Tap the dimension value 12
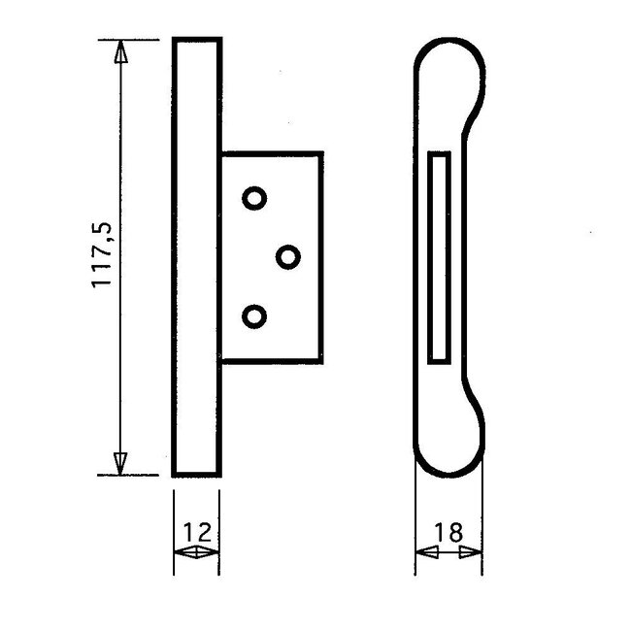196,532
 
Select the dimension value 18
448,532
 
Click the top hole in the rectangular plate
254,198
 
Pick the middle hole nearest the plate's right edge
287,256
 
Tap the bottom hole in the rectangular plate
254,316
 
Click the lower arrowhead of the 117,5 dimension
120,462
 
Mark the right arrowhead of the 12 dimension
209,553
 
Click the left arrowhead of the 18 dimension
425,553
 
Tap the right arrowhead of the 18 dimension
471,553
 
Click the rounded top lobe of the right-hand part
449,68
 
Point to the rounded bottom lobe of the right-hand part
449,447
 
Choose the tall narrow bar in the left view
197,256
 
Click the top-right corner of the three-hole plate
321,152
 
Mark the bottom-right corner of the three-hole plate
321,360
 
